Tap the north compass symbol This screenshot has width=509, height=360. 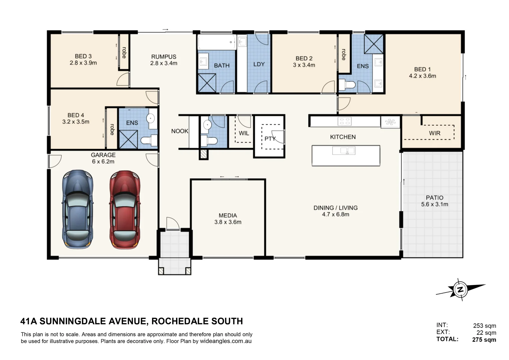point(460,289)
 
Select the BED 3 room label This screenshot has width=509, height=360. point(83,56)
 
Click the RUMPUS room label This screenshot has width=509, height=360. point(163,57)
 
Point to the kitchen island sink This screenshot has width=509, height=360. point(344,151)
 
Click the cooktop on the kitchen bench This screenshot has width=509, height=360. point(344,121)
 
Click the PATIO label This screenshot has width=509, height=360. point(434,198)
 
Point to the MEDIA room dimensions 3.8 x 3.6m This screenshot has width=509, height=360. point(228,222)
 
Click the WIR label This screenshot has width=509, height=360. point(434,133)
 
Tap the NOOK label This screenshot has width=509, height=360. point(180,131)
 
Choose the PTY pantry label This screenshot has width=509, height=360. point(270,138)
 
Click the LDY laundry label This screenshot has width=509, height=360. point(259,64)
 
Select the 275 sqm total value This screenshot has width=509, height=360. point(484,340)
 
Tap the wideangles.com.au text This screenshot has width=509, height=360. point(225,341)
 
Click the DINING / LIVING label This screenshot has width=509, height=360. point(335,208)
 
